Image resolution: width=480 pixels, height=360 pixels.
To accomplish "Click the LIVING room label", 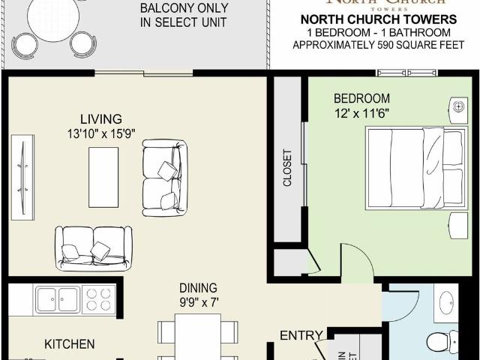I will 101,118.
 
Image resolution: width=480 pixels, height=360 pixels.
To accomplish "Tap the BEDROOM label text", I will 361,98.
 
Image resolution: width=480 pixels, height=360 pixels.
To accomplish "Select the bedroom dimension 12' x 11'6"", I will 361,115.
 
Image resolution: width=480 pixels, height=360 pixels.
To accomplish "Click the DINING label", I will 198,287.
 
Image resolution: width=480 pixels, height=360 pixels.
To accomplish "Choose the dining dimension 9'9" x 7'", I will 198,302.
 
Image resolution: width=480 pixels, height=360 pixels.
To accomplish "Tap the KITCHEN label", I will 69,344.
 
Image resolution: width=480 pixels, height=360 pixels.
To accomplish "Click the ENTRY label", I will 301,335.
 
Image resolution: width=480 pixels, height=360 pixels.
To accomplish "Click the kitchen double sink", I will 58,299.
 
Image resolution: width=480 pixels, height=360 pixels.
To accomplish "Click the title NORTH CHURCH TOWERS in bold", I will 378,19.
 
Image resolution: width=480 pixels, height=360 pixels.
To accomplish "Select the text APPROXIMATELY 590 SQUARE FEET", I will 378,45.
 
